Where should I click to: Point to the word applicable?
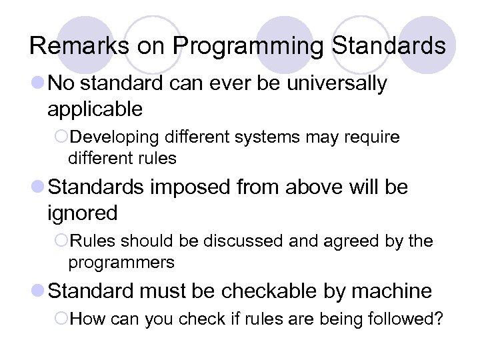click(x=95, y=109)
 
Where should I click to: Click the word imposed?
click(x=193, y=187)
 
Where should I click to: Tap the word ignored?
click(x=83, y=213)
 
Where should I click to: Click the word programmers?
click(x=121, y=263)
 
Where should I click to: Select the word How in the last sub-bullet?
click(x=83, y=319)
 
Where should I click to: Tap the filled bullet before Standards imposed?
click(x=38, y=188)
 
